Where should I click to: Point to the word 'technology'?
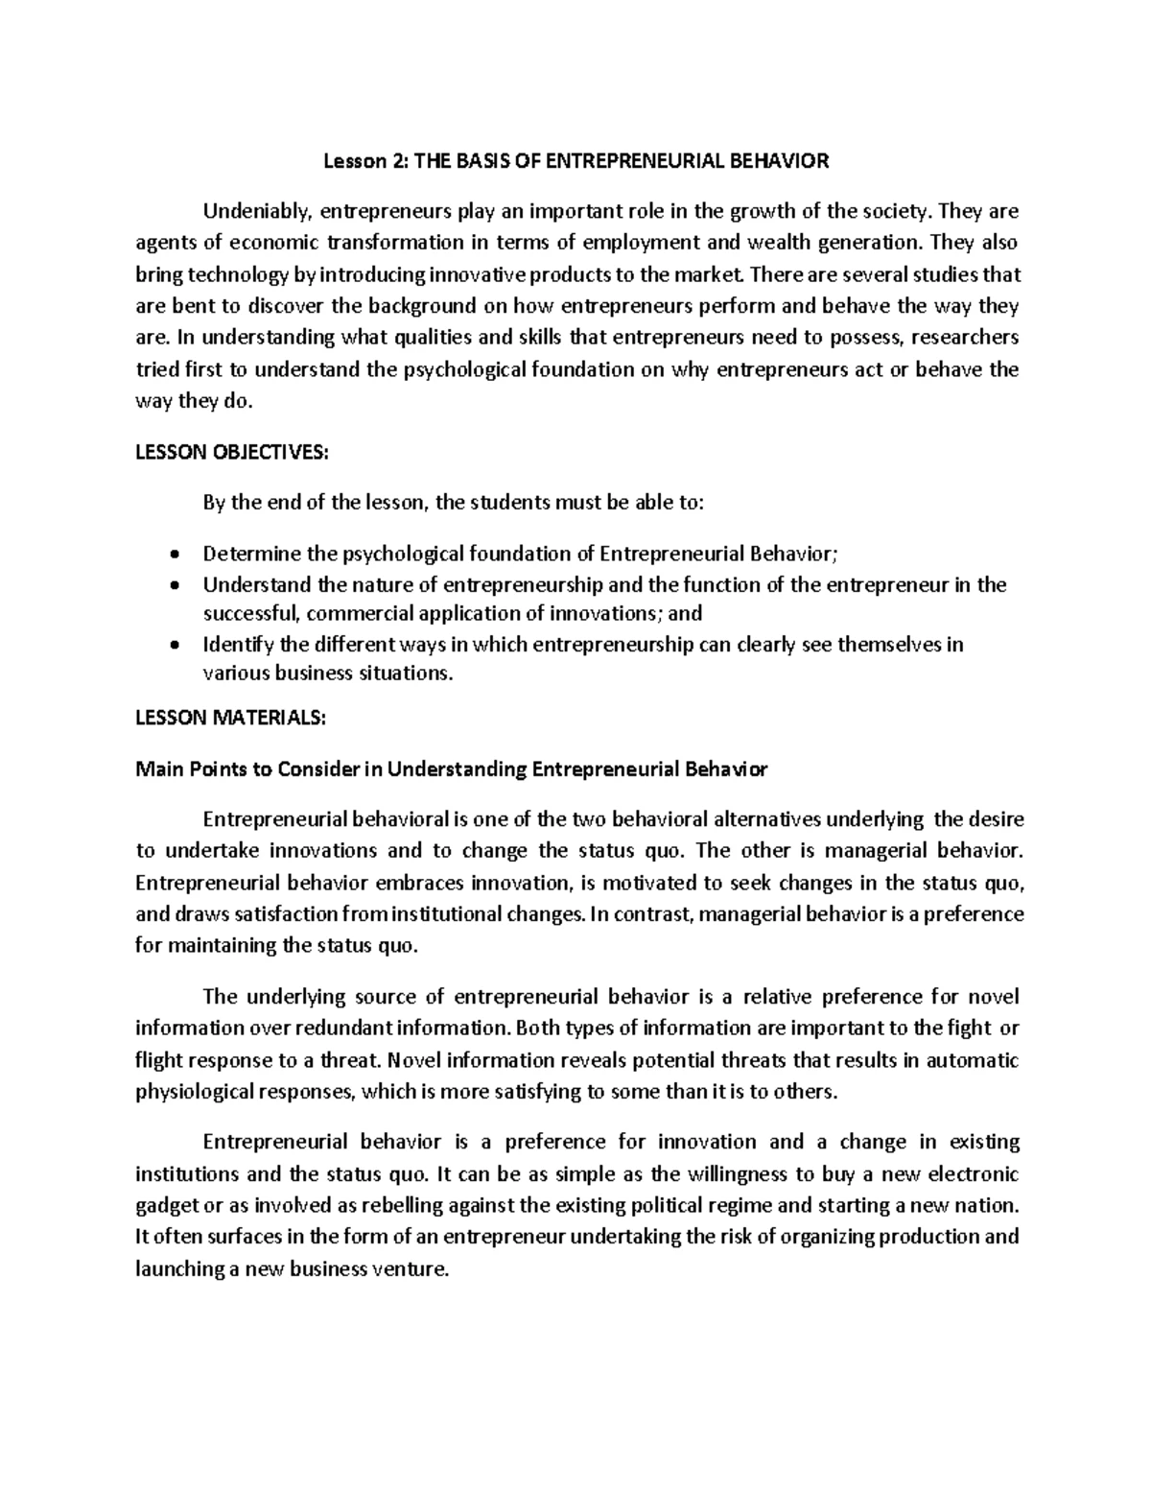[x=230, y=275]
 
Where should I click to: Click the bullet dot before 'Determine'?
[x=173, y=555]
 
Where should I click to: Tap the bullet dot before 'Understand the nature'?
[x=173, y=585]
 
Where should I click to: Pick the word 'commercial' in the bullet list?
[x=357, y=614]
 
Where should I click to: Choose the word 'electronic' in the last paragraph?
[x=975, y=1174]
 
